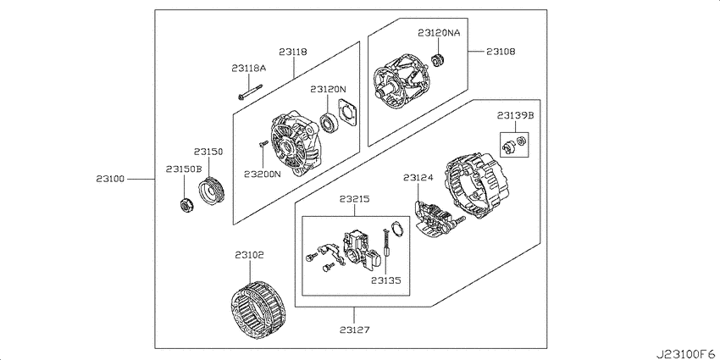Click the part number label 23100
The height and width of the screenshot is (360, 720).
pyautogui.click(x=110, y=179)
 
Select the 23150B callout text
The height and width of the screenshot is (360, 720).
pyautogui.click(x=184, y=169)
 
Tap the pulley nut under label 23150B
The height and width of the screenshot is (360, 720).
pyautogui.click(x=186, y=204)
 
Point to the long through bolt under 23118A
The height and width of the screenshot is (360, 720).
pyautogui.click(x=250, y=91)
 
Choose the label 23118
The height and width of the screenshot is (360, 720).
pyautogui.click(x=292, y=52)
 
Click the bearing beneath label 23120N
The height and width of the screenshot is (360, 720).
pyautogui.click(x=330, y=122)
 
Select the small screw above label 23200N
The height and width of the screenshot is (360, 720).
pyautogui.click(x=263, y=144)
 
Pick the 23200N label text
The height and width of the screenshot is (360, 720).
pyautogui.click(x=263, y=174)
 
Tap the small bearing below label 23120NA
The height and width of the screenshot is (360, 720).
pyautogui.click(x=440, y=60)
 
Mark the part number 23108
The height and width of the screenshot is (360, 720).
pyautogui.click(x=501, y=52)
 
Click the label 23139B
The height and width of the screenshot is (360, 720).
pyautogui.click(x=515, y=116)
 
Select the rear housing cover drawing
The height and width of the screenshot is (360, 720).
pyautogui.click(x=477, y=186)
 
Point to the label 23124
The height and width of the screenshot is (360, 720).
pyautogui.click(x=418, y=177)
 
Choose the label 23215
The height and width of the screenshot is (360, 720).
pyautogui.click(x=354, y=199)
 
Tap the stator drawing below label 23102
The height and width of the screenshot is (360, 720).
pyautogui.click(x=258, y=310)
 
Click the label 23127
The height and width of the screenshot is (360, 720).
pyautogui.click(x=354, y=330)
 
